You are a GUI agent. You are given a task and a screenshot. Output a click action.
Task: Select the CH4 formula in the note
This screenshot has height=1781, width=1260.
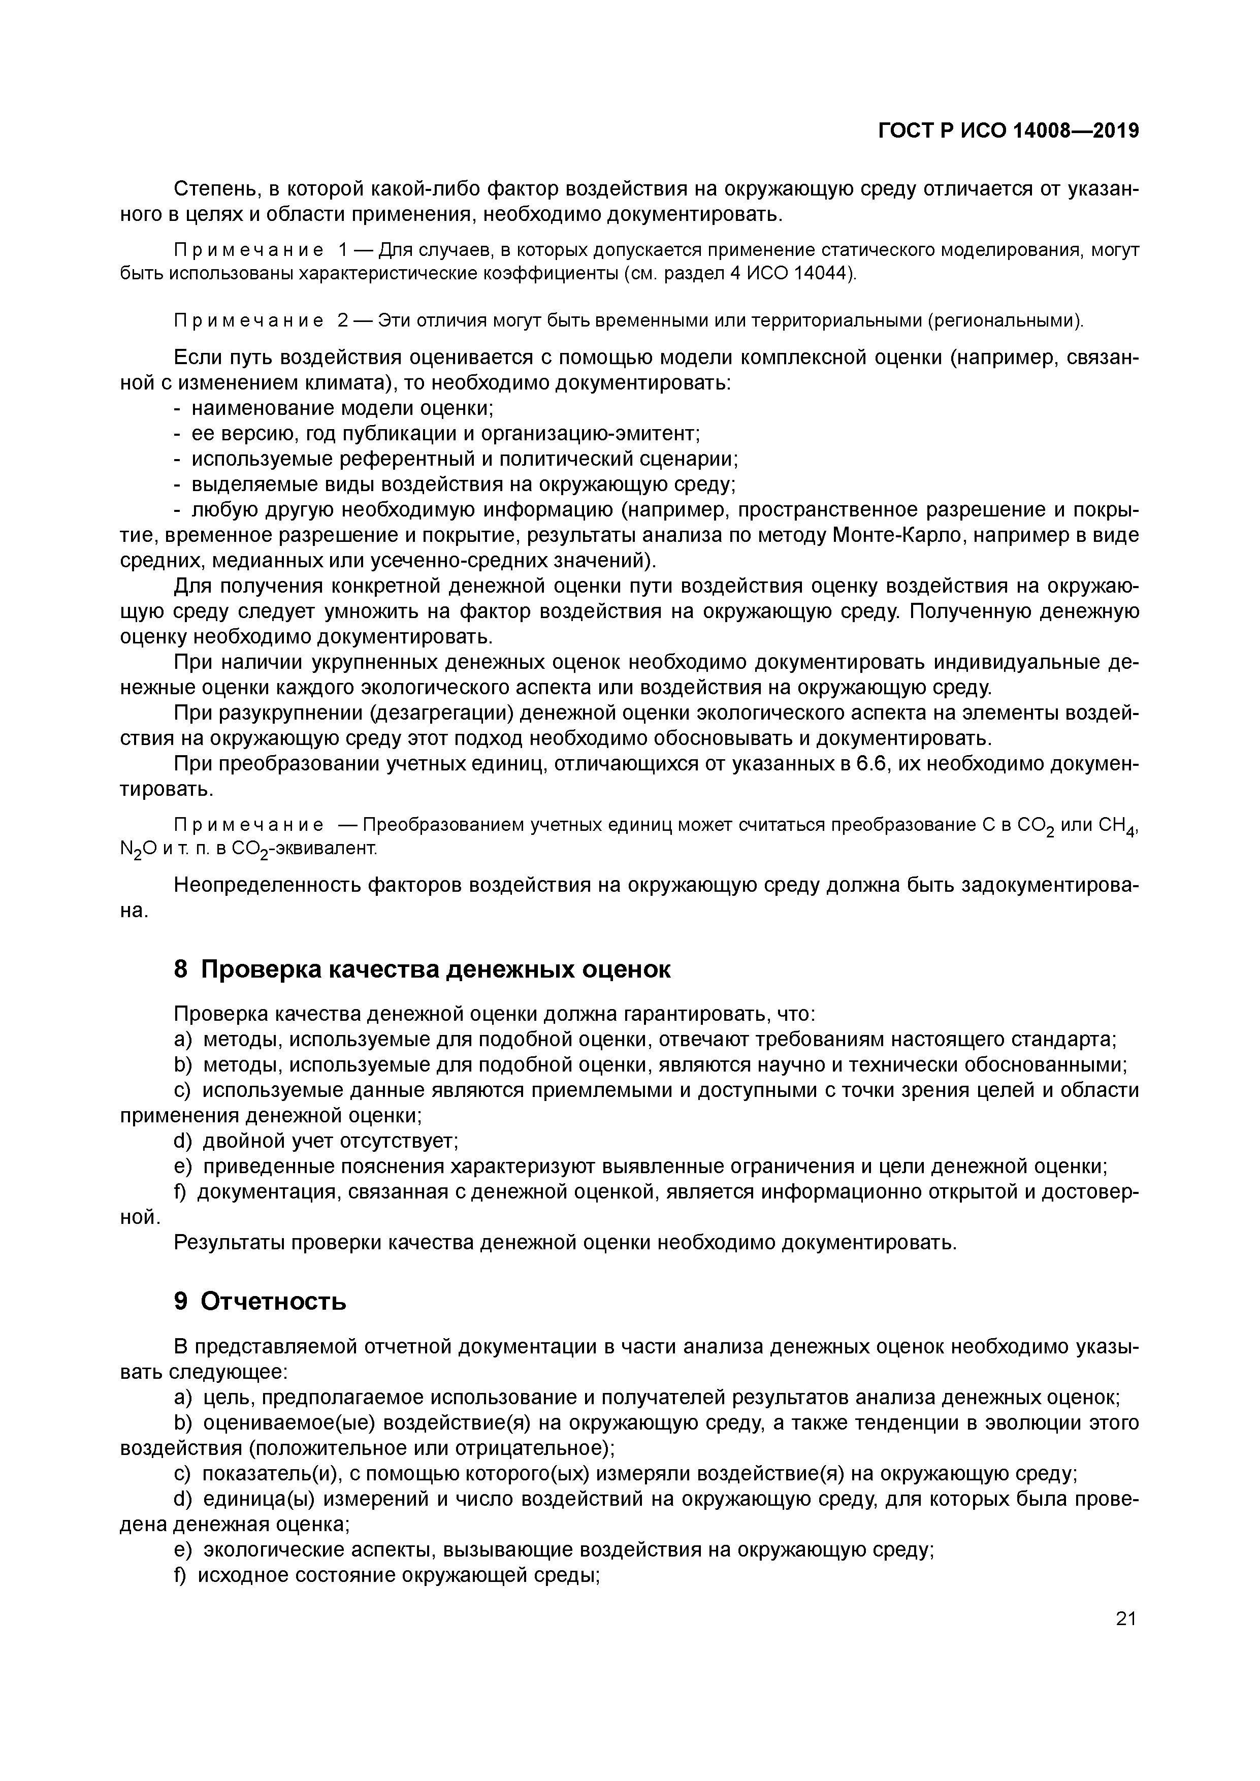coord(1117,825)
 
